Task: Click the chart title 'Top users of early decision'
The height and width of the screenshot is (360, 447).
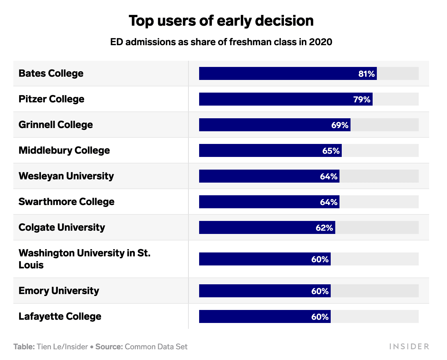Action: [221, 21]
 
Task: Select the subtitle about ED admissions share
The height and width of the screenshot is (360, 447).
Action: [221, 42]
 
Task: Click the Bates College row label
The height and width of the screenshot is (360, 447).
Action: [51, 73]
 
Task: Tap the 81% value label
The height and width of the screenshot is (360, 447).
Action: [366, 74]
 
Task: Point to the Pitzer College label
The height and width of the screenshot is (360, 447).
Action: [51, 99]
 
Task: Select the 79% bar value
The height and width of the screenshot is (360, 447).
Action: [362, 99]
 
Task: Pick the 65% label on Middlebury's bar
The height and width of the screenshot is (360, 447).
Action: [331, 151]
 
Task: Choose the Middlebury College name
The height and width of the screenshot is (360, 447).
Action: [64, 150]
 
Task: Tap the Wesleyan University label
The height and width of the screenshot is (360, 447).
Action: [66, 176]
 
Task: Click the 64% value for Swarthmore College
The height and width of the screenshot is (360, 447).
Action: [328, 202]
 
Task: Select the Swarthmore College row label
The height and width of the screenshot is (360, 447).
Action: [66, 202]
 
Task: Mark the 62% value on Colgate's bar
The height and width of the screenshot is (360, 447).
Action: [324, 228]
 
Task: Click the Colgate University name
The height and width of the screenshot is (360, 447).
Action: [62, 227]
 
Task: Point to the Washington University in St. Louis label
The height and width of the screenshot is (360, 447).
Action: [84, 259]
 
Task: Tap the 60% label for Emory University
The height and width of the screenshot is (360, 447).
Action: [320, 291]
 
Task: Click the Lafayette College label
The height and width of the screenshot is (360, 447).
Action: [60, 316]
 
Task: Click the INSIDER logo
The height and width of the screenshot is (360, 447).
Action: [409, 347]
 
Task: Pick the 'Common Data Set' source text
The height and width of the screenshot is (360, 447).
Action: [156, 347]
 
